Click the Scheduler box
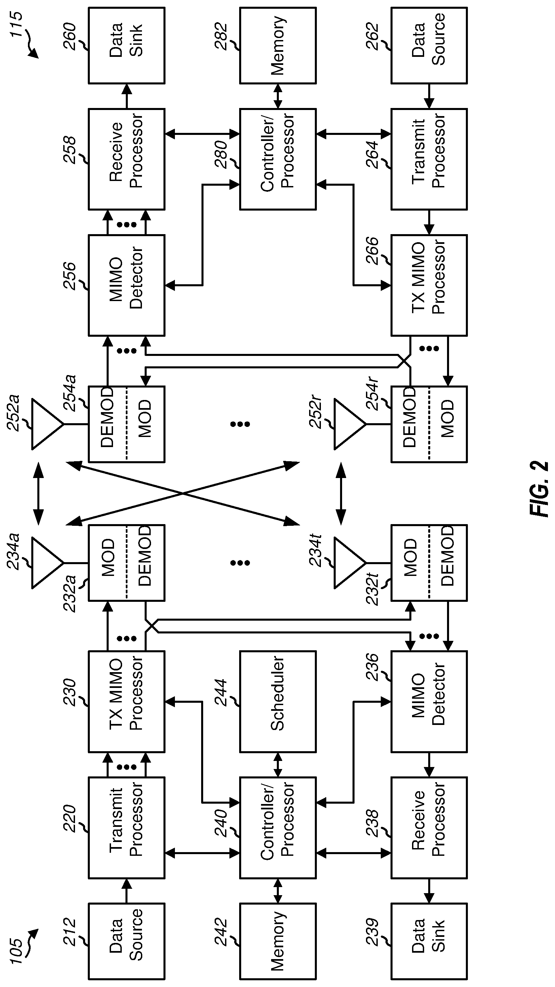pyautogui.click(x=278, y=701)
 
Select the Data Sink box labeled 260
pyautogui.click(x=126, y=45)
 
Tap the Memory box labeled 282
pyautogui.click(x=278, y=45)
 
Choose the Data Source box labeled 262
pyautogui.click(x=429, y=45)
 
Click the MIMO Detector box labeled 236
pyautogui.click(x=429, y=701)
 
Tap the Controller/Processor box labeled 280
pyautogui.click(x=278, y=159)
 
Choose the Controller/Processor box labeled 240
pyautogui.click(x=278, y=828)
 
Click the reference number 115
pyautogui.click(x=16, y=25)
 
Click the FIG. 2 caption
pyautogui.click(x=540, y=488)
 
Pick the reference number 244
pyautogui.click(x=221, y=693)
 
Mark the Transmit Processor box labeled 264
pyautogui.click(x=429, y=159)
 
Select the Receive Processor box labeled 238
pyautogui.click(x=429, y=828)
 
